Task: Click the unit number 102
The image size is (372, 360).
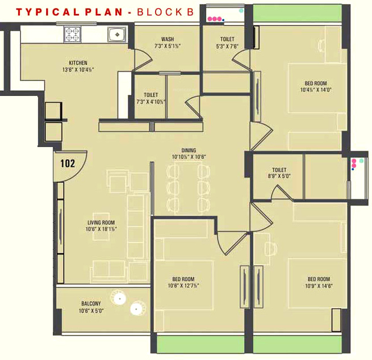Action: [x=68, y=164]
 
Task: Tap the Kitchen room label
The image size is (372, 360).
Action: [x=78, y=62]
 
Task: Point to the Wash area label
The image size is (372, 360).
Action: [x=167, y=39]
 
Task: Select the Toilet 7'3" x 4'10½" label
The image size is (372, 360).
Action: [x=151, y=95]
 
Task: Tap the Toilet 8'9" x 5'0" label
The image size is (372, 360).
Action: [x=279, y=170]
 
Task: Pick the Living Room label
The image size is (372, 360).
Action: [x=101, y=223]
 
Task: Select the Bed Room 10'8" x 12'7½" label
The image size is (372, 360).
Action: [x=183, y=279]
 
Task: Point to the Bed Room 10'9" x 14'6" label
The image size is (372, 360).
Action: [x=319, y=279]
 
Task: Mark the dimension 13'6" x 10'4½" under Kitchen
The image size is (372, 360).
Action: [x=78, y=69]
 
